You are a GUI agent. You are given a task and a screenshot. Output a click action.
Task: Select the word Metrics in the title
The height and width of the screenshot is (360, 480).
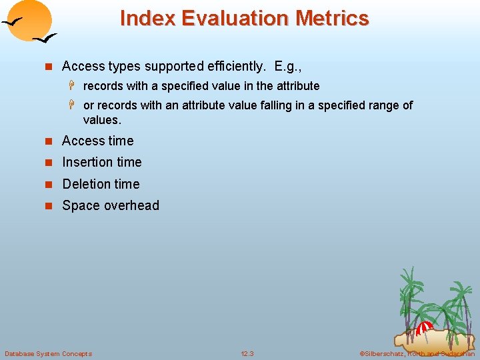click(332, 18)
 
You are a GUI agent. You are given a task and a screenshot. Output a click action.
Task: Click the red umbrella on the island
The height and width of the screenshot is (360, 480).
click(424, 327)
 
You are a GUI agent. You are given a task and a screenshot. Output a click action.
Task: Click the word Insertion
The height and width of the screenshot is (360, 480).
click(87, 162)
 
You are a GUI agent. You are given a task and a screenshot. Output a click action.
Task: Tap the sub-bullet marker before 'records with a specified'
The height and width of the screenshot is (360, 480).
click(75, 86)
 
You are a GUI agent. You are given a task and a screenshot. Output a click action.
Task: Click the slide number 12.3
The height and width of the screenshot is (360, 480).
click(247, 353)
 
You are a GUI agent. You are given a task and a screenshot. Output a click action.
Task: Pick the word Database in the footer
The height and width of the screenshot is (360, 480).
click(20, 353)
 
